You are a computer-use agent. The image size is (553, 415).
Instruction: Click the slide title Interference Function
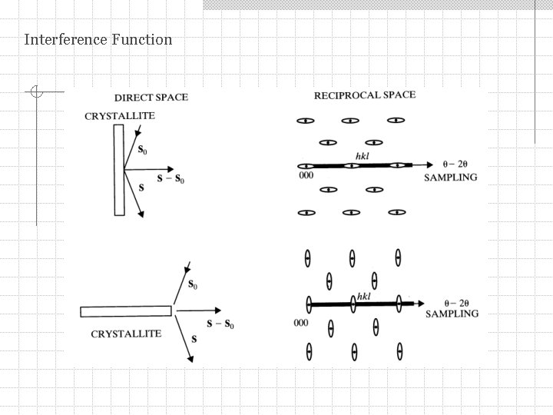coord(98,39)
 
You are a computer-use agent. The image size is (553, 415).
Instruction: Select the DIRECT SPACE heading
coord(151,98)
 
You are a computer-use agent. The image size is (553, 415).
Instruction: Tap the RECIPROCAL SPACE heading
coord(365,95)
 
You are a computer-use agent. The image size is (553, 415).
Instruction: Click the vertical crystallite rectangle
coord(119,170)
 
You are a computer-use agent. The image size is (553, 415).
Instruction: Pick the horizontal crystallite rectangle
coord(126,311)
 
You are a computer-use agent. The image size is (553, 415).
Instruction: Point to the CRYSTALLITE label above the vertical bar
coord(119,116)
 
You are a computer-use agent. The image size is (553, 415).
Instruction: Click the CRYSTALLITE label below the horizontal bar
coord(126,334)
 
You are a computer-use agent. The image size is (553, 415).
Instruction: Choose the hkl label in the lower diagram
coord(364,296)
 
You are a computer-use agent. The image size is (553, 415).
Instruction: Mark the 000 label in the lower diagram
coord(301,322)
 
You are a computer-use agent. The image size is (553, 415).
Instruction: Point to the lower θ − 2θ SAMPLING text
coord(452,309)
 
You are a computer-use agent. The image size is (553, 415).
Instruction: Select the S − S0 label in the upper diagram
coord(171,179)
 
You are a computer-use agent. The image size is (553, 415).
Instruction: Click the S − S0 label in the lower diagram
coord(220,324)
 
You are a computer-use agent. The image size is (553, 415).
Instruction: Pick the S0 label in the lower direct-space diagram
coord(194,285)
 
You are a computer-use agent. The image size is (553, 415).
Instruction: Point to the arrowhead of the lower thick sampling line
coord(419,304)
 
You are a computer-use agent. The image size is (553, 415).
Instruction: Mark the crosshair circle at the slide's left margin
coord(35,93)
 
